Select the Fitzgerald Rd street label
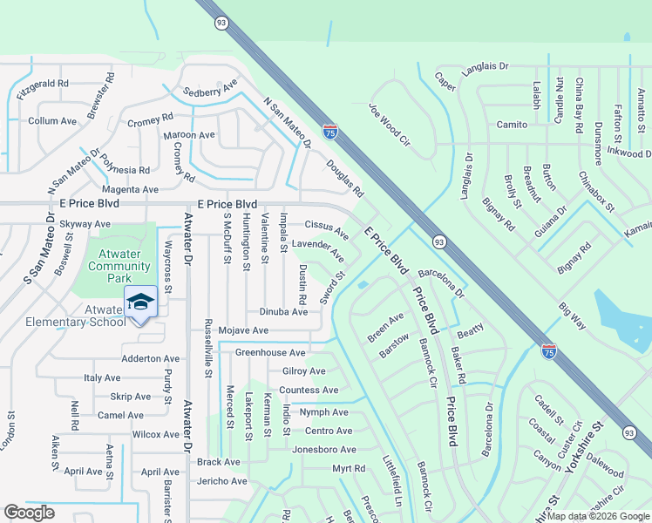pos(42,84)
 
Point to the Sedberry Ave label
pos(210,91)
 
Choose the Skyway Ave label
pos(85,224)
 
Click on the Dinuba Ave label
pos(283,311)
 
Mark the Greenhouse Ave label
pos(270,352)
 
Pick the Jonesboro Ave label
pos(324,450)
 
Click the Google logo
pos(30,513)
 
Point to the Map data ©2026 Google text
pos(598,516)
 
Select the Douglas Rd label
pos(344,178)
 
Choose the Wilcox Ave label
pos(155,434)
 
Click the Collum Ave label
pos(52,121)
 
